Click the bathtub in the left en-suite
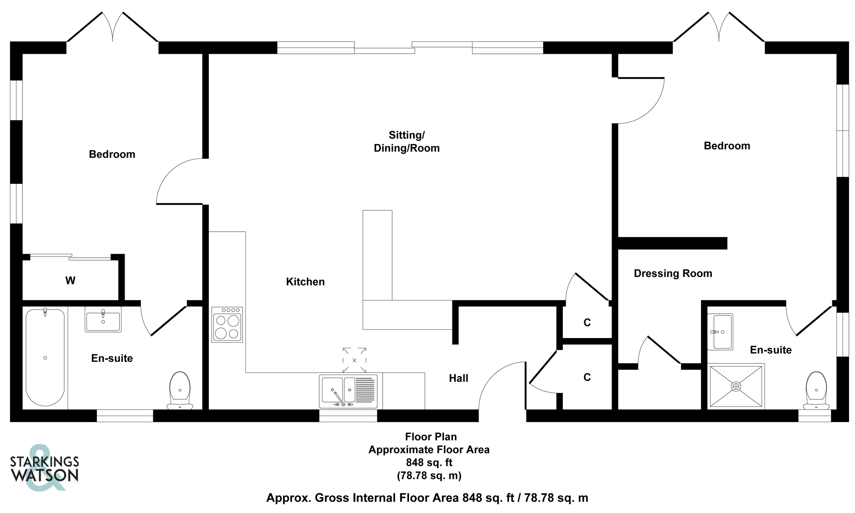pos(45,357)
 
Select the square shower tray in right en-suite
pos(736,386)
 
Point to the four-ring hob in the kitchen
pos(227,325)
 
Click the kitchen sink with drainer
pos(348,391)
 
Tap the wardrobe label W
pos(70,281)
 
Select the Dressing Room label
pos(673,273)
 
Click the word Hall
pos(458,378)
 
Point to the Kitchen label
pos(305,282)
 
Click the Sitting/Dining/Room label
pos(406,142)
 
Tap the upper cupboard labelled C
pos(587,323)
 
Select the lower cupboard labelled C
pos(587,377)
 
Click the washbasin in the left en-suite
pos(103,319)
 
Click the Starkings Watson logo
pos(44,468)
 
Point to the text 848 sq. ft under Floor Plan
pos(429,463)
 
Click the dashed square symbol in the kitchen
pos(354,360)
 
